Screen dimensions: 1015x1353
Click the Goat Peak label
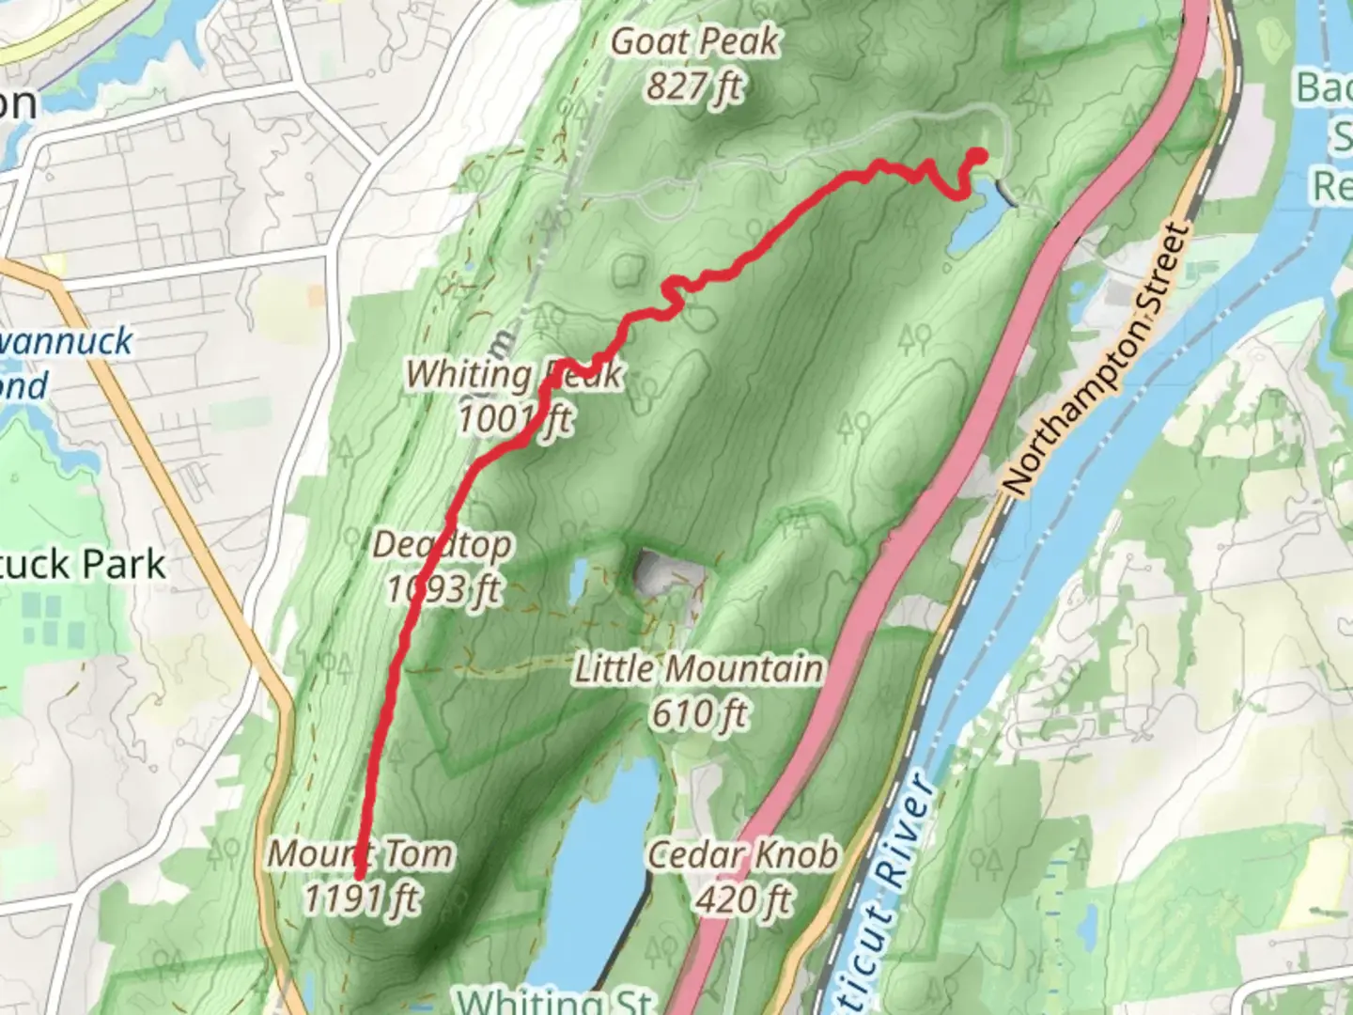(695, 42)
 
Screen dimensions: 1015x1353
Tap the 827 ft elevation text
(693, 87)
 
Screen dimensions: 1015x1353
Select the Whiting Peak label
(513, 375)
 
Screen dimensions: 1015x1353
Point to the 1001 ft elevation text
(514, 418)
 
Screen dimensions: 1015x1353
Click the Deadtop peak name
(442, 545)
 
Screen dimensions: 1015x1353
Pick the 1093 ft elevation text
(444, 589)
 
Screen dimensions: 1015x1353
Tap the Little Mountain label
(699, 669)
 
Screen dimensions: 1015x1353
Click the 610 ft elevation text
(700, 714)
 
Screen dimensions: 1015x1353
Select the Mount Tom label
(361, 854)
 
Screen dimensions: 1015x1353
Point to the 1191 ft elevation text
(362, 898)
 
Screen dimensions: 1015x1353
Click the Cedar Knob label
(742, 855)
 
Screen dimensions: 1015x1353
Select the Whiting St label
(554, 999)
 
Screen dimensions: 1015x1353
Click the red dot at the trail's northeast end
(978, 156)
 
